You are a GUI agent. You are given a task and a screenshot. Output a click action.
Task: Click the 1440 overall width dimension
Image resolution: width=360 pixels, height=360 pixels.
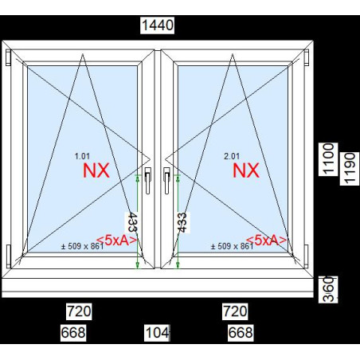click(158, 25)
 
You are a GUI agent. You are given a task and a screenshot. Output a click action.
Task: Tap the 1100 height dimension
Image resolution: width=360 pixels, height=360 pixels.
click(328, 159)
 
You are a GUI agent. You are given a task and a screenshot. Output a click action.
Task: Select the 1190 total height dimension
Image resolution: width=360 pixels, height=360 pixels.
click(350, 168)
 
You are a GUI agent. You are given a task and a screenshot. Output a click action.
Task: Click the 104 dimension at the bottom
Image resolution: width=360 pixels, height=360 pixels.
click(157, 333)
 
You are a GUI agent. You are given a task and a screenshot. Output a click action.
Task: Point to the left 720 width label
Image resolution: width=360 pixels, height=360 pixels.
click(79, 311)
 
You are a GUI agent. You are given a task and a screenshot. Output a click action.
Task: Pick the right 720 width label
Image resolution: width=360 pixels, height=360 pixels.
click(235, 311)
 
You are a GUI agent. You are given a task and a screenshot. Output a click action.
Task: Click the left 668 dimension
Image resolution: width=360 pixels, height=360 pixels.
click(73, 333)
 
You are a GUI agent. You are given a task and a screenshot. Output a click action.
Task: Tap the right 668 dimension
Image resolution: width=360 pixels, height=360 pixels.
click(241, 333)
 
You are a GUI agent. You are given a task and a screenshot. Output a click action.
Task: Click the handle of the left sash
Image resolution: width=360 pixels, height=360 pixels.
click(148, 181)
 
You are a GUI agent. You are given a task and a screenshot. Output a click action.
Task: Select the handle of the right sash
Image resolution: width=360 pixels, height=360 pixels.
click(166, 181)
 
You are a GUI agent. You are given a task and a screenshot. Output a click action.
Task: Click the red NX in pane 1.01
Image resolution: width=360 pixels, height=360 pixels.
click(96, 170)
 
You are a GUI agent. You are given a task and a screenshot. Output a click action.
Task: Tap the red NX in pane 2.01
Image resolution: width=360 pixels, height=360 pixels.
click(246, 170)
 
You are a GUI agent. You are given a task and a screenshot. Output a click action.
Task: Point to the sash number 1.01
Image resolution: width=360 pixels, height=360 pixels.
click(82, 156)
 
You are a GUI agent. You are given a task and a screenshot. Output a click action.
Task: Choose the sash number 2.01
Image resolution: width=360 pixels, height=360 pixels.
click(232, 156)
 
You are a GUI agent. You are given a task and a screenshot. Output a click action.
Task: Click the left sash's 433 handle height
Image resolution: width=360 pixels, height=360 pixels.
click(131, 222)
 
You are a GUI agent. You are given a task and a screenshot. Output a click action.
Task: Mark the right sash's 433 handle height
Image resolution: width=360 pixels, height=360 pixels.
click(182, 222)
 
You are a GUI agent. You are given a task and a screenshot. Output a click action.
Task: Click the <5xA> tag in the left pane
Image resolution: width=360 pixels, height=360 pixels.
click(117, 241)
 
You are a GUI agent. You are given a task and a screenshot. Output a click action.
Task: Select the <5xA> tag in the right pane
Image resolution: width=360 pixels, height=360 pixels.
click(267, 241)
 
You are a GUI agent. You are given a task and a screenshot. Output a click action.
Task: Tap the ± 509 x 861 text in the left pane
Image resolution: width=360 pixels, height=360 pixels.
click(83, 246)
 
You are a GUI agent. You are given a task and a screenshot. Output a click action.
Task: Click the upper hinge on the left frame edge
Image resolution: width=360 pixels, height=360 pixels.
click(8, 57)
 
